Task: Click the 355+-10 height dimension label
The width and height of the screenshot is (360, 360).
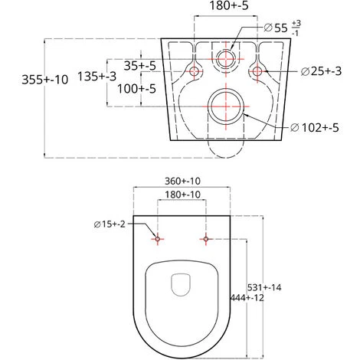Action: point(45,80)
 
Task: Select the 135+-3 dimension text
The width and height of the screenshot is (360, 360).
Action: point(97,76)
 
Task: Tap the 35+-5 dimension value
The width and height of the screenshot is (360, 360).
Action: point(140,66)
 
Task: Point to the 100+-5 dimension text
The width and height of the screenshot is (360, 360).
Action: point(136,89)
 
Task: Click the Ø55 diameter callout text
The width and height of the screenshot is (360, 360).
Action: point(282,28)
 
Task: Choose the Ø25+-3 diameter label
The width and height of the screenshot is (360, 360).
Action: point(321,71)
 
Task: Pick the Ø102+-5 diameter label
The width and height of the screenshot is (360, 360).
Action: point(314,127)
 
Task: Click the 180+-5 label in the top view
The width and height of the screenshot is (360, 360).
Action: point(229,5)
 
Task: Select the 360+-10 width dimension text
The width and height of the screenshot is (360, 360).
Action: point(182,181)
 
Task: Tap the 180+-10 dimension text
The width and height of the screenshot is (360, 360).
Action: point(182,195)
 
